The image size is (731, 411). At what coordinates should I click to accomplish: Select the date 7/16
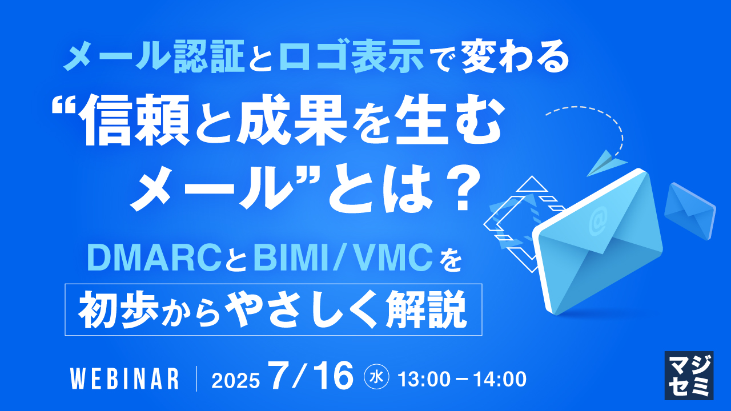(311, 376)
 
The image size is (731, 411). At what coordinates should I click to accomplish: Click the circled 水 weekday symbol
(376, 377)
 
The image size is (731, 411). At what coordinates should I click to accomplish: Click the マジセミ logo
(688, 375)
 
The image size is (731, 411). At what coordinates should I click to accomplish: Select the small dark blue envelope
(689, 209)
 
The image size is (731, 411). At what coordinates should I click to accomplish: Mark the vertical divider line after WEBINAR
(197, 378)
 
